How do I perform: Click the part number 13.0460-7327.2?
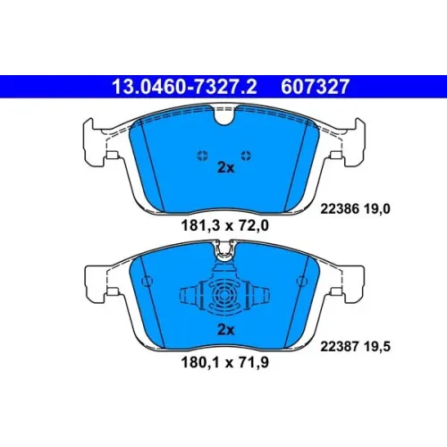[x=184, y=87]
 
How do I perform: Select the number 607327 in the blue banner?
[x=315, y=87]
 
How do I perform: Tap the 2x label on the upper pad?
[x=226, y=168]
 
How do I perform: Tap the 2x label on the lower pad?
[x=226, y=330]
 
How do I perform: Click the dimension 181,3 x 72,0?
[x=225, y=225]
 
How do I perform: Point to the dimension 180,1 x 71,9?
[x=225, y=362]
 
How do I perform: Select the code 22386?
[x=340, y=209]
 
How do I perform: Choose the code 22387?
[x=340, y=347]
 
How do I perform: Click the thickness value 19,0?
[x=377, y=209]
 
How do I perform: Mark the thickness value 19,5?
[x=377, y=347]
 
